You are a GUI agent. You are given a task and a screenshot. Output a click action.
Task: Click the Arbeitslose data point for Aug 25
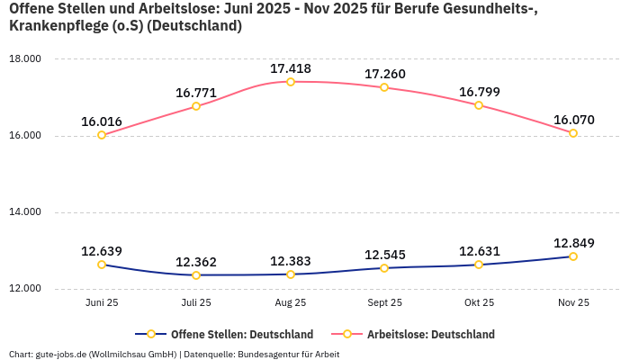291,82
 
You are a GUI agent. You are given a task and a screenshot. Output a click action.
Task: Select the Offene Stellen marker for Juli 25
196,274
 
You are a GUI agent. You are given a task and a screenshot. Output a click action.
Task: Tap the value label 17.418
291,68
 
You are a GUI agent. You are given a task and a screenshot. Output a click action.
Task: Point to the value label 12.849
573,243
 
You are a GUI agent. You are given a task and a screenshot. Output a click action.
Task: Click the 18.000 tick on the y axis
25,59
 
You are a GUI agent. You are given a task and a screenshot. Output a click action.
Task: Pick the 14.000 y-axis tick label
25,212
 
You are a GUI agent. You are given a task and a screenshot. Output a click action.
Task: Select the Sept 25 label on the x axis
384,303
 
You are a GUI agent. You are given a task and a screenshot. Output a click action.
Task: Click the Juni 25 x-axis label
102,303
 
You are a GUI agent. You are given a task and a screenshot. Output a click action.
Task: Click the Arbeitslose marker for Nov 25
573,133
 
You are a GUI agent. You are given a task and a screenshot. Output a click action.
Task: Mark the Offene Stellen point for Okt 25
479,265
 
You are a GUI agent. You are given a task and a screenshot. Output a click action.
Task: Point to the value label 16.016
102,121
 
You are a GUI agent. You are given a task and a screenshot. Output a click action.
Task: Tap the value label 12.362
196,261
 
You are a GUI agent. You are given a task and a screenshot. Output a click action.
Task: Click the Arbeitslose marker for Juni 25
102,135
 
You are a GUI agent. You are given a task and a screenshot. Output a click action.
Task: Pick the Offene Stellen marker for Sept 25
384,268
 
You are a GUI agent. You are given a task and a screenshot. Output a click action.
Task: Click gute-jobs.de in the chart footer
61,354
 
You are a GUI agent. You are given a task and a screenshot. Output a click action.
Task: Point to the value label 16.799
479,92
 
